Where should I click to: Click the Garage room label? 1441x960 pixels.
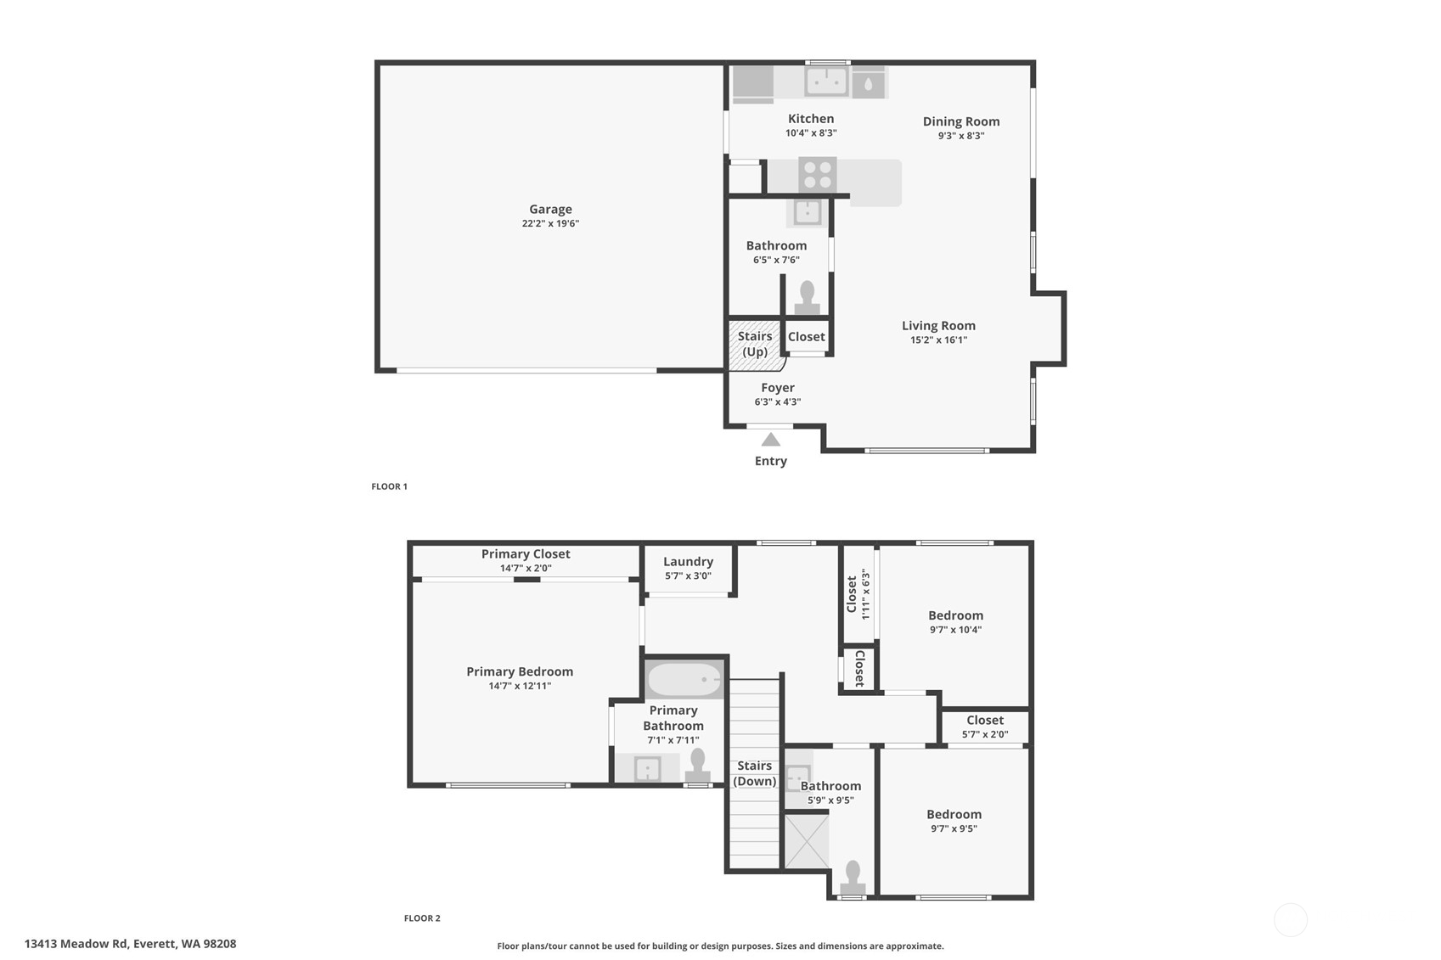[x=550, y=210]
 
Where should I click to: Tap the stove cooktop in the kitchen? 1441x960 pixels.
[x=817, y=175]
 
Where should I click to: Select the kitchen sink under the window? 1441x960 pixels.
[x=826, y=81]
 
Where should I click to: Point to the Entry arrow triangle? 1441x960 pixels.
[x=770, y=440]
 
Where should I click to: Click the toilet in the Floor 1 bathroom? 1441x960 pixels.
[x=807, y=297]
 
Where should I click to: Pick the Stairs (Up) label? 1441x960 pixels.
[x=755, y=344]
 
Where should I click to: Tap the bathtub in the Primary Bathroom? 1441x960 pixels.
[x=684, y=679]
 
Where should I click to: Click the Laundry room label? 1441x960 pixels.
[x=688, y=562]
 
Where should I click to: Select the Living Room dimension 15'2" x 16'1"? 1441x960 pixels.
[x=938, y=340]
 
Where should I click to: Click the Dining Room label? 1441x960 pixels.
[x=961, y=121]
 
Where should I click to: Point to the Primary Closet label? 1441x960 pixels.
[x=526, y=554]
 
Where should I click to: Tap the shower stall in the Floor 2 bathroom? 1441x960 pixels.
[x=806, y=841]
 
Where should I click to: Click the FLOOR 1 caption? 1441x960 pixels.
[x=389, y=486]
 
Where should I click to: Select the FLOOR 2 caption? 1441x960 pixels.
[x=422, y=918]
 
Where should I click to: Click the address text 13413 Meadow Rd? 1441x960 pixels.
[x=130, y=944]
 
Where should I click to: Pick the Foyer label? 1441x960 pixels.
[x=778, y=388]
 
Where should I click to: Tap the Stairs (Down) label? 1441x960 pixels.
[x=754, y=773]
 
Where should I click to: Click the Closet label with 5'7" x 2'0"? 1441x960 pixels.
[x=985, y=721]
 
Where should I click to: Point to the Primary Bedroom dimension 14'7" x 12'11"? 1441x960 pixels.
[x=520, y=686]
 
